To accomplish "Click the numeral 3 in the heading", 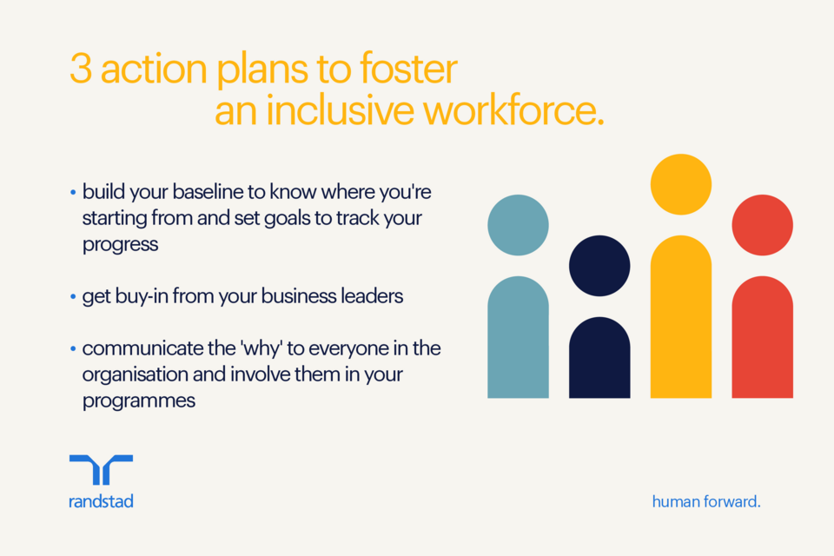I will (80, 70).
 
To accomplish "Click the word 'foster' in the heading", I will (414, 70).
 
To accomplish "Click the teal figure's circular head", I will (518, 225).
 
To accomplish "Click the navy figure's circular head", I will (599, 265).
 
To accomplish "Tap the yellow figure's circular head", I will (681, 184).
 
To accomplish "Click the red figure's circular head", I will (762, 225).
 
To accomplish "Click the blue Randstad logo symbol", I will (101, 470).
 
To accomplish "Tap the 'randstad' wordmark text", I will (101, 501).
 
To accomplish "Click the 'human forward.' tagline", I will (705, 501).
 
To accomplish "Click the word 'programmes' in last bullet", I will (139, 400).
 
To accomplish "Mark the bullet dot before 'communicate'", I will (73, 349).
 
